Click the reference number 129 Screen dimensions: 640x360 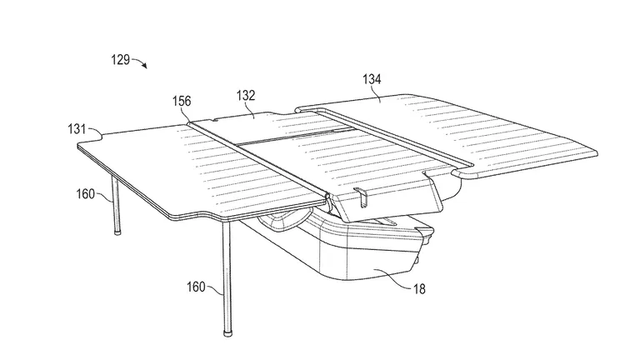pos(120,60)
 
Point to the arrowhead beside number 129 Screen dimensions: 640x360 pos(144,66)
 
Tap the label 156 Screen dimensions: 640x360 pos(182,101)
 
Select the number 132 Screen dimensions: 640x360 pos(246,96)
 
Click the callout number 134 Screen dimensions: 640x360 pos(372,79)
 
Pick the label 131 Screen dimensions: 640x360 pos(77,129)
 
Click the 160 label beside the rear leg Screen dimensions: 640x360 pos(85,193)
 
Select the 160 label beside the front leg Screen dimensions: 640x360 pos(196,287)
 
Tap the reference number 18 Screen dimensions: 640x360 pos(419,289)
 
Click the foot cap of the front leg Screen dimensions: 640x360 pos(227,332)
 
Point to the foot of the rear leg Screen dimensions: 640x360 pos(117,232)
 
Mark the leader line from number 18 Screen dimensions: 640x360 pos(392,279)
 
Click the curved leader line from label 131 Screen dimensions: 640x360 pos(96,130)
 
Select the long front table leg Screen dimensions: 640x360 pos(227,277)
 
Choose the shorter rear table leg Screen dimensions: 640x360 pos(117,204)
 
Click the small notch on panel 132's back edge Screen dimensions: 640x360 pos(215,119)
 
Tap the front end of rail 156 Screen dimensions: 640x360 pos(327,197)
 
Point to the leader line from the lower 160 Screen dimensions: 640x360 pos(215,290)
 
